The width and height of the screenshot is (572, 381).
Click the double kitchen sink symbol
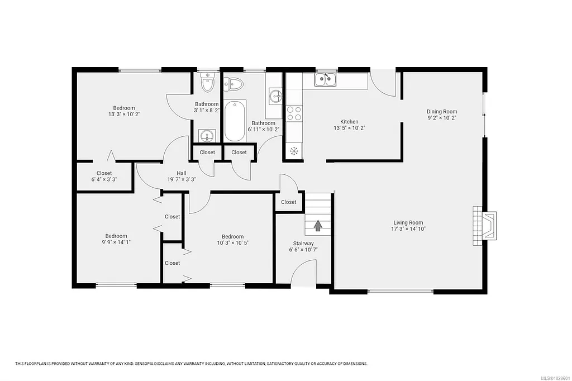[326, 80]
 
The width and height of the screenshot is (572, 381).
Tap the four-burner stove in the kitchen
[294, 113]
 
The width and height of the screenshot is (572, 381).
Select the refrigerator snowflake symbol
[294, 150]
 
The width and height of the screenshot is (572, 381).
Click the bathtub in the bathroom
[235, 120]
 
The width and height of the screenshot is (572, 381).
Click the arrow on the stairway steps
[318, 225]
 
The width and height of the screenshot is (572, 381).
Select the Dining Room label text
[442, 112]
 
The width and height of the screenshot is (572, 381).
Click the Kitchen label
[349, 122]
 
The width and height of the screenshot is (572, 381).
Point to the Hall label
[182, 173]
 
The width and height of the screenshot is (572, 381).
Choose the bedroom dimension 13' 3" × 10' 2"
[123, 114]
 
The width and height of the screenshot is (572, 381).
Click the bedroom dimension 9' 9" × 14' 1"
[116, 242]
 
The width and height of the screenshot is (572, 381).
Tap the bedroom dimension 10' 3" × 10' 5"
[232, 242]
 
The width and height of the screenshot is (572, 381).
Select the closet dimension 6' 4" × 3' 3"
[104, 180]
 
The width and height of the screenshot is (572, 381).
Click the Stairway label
[304, 244]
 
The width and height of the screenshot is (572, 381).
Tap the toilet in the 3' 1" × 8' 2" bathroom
[208, 84]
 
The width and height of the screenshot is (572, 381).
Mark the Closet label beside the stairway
[289, 202]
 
